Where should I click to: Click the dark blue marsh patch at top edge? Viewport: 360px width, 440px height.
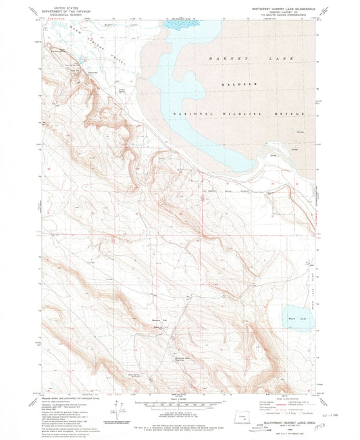coord(180,25)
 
